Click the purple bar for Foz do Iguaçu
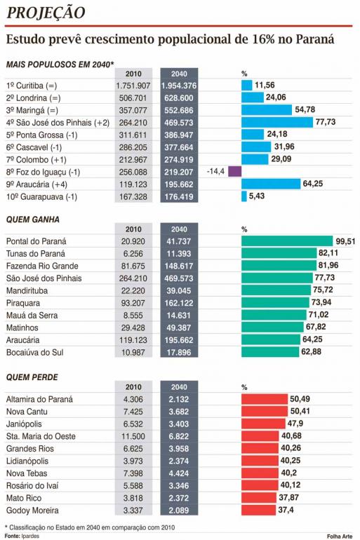[234, 171]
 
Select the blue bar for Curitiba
[246, 85]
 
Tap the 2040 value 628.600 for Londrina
[179, 97]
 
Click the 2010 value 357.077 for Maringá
[133, 110]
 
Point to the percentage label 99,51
[345, 241]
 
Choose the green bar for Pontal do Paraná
[287, 241]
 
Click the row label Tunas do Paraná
[36, 253]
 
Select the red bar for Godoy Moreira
[258, 510]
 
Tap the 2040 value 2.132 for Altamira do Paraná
[179, 399]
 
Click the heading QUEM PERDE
[32, 377]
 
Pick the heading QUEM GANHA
[33, 220]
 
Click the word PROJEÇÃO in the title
[46, 13]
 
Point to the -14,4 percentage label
[215, 171]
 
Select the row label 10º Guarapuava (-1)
[41, 196]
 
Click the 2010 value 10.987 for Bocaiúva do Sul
[133, 352]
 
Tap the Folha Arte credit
[340, 536]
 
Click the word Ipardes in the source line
[30, 536]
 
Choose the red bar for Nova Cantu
[265, 411]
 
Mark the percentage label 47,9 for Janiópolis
[295, 424]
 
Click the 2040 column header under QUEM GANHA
[179, 229]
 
